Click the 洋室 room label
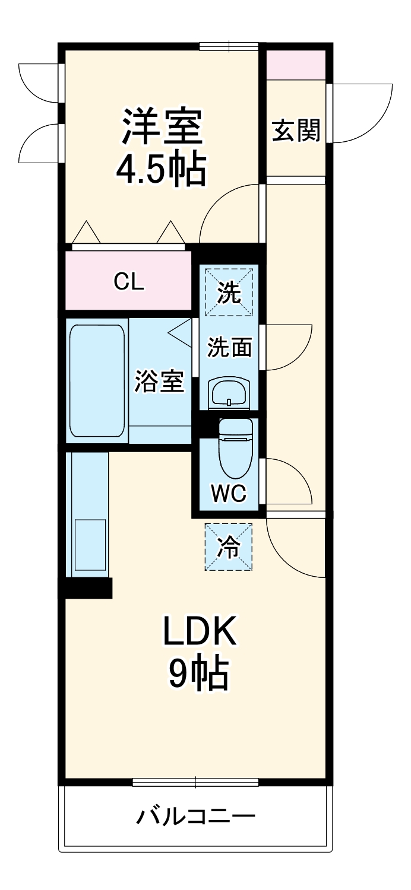[162, 126]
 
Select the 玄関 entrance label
[296, 130]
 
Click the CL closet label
[129, 282]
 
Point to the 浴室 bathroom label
[159, 382]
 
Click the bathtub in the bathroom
[97, 380]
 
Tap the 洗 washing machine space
[229, 293]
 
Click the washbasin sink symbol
[229, 392]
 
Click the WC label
[229, 493]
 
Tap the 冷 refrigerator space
[229, 547]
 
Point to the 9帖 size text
[199, 675]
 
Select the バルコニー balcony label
[196, 818]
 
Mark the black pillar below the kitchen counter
[88, 587]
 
